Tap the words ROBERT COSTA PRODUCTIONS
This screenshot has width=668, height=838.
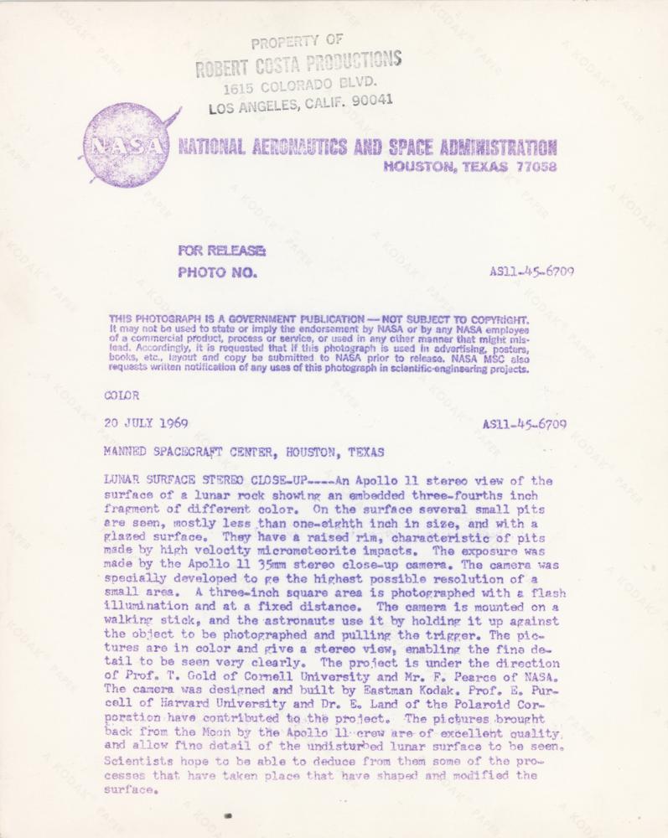[x=299, y=64]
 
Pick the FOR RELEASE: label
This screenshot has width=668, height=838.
[x=221, y=250]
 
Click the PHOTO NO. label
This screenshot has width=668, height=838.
[x=216, y=272]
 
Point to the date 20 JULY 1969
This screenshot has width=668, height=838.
[x=146, y=423]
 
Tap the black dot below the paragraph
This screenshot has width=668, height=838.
[x=228, y=815]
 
